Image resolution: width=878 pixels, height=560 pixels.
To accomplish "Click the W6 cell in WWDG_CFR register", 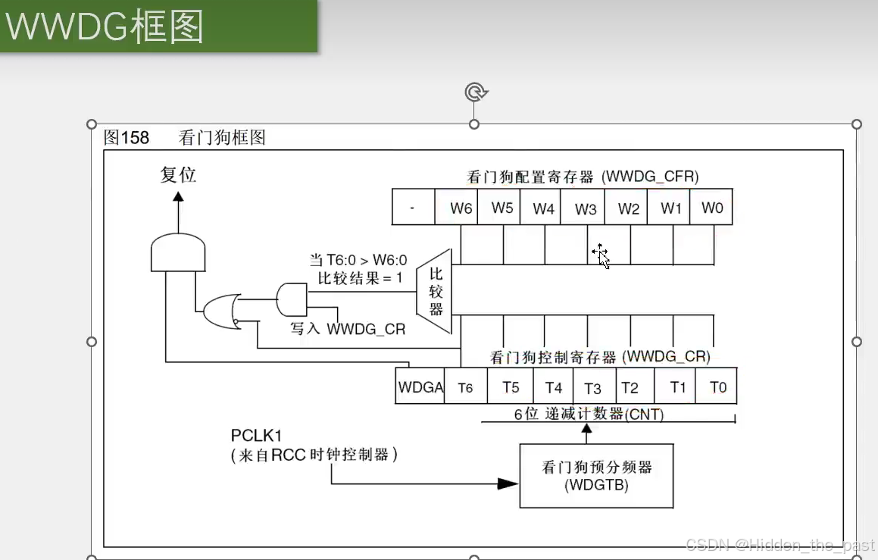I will click(461, 208).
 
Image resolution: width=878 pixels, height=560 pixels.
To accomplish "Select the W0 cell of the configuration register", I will click(711, 208).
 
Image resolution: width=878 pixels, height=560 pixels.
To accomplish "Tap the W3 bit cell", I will click(586, 208).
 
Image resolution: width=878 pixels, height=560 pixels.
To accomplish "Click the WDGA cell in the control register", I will click(420, 387).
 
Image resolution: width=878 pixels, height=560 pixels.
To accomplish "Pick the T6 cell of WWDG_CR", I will click(465, 387).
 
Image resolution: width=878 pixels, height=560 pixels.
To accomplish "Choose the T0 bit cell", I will click(717, 387).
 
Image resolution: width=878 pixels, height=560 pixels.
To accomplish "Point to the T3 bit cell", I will click(592, 387).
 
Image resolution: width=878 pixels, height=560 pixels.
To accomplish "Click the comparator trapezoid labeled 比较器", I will click(436, 292).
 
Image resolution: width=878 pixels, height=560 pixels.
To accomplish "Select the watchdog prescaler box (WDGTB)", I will click(596, 476).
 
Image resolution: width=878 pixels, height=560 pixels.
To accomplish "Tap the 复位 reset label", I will click(178, 174).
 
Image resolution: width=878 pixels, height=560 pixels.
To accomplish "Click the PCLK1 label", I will click(256, 436).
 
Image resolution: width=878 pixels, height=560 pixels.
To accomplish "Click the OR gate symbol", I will click(221, 311).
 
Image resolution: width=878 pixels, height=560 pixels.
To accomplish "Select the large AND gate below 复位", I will click(178, 252).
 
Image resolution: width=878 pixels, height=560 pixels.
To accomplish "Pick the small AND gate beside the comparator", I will click(292, 299).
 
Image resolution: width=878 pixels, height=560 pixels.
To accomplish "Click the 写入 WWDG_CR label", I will click(348, 330).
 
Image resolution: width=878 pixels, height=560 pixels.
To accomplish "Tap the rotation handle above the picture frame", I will click(475, 92).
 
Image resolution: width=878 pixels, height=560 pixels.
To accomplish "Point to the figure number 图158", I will click(127, 138).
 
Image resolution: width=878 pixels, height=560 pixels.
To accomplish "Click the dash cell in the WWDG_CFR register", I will click(413, 208).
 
